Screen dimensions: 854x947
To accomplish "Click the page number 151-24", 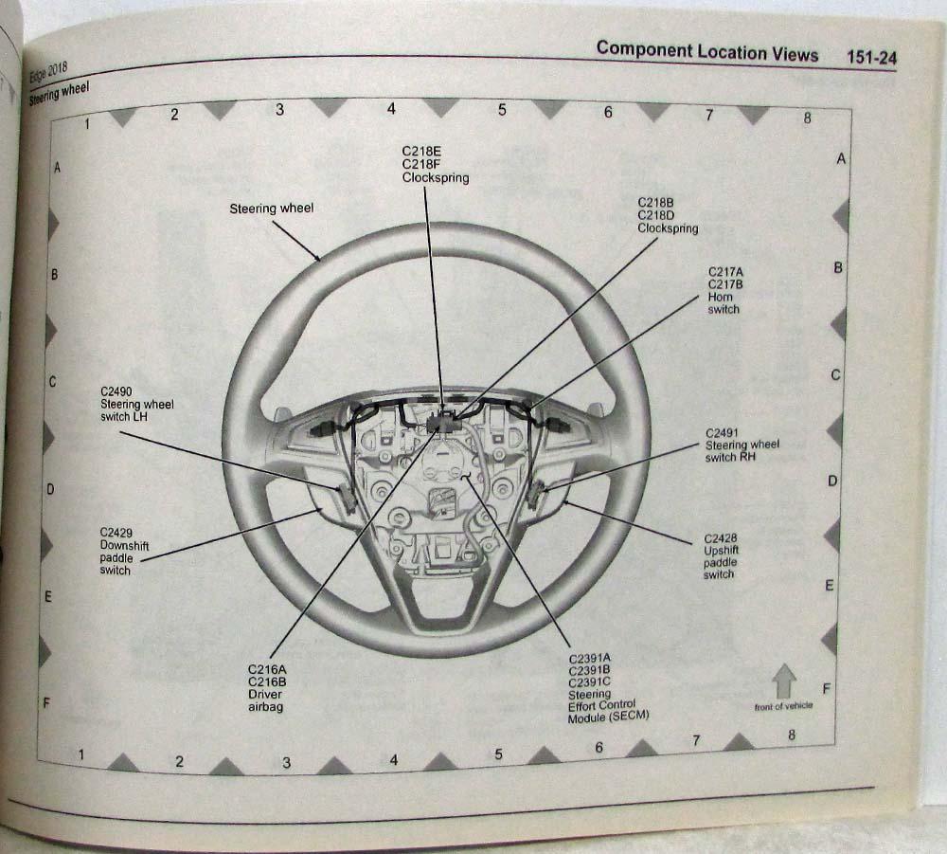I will point(871,57).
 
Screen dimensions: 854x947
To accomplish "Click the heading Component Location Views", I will point(706,52).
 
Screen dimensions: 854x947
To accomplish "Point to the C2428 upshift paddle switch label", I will point(721,556).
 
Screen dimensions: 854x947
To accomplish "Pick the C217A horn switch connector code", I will point(725,271).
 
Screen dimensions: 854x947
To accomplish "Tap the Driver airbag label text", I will point(266,700).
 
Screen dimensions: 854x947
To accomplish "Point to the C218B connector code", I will point(655,203).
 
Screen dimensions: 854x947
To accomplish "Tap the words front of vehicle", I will point(784,706).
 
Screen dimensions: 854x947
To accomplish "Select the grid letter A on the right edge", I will point(841,159).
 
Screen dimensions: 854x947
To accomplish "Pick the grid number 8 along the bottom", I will point(792,736).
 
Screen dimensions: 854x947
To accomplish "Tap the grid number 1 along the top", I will point(87,122).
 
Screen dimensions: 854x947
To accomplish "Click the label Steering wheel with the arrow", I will point(271,209).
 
